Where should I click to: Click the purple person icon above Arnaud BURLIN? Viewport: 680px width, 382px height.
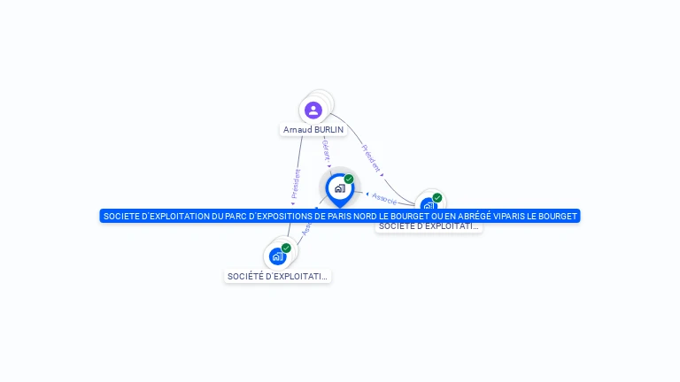tap(313, 111)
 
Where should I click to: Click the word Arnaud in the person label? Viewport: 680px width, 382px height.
tap(297, 130)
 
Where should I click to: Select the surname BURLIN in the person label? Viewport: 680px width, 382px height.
tap(328, 130)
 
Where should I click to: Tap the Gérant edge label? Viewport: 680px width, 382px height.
tap(325, 149)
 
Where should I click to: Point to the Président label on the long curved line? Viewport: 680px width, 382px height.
tap(371, 158)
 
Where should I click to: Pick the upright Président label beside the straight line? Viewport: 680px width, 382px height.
tap(296, 185)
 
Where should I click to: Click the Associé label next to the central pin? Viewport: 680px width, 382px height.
tap(384, 198)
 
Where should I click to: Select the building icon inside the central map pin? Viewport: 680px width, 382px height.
tap(339, 187)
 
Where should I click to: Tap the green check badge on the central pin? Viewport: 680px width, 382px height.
tap(349, 180)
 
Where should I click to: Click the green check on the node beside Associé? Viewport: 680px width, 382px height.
tap(437, 198)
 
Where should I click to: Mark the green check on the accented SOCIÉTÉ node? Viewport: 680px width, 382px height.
tap(286, 248)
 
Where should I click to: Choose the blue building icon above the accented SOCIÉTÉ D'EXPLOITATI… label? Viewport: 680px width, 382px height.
tap(278, 256)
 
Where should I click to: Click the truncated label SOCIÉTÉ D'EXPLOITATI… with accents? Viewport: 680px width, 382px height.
tap(277, 277)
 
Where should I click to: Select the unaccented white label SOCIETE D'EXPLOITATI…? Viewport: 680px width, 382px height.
tap(429, 226)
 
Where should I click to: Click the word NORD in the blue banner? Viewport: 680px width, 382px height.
tap(352, 216)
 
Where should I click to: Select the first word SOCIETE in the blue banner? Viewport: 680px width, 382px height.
tap(120, 216)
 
